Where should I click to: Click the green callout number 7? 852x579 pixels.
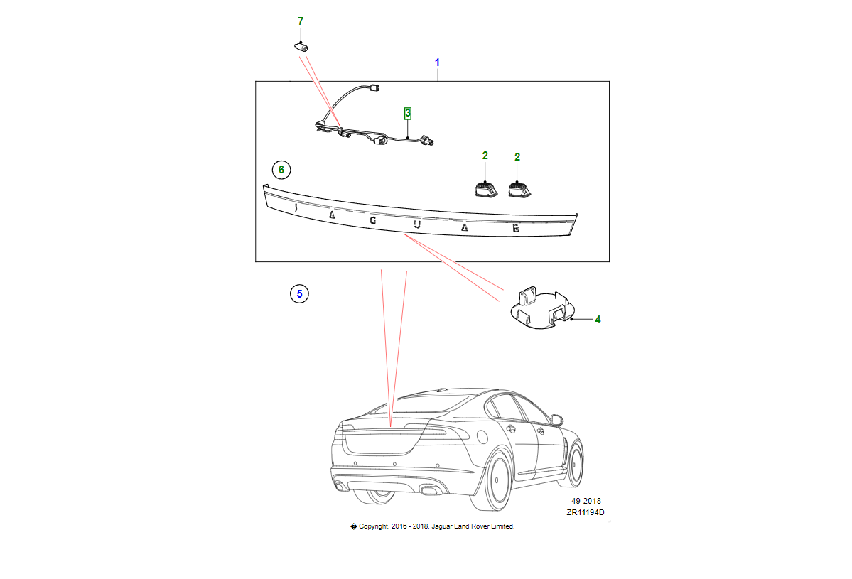[x=301, y=21]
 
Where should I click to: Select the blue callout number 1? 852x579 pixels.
[x=438, y=63]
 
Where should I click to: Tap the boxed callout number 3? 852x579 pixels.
[x=408, y=113]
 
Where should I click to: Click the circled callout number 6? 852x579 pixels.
[x=281, y=170]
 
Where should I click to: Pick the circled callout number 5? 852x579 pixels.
[x=299, y=293]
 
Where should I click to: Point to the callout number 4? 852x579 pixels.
[x=598, y=320]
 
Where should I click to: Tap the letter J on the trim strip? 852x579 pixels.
[x=294, y=207]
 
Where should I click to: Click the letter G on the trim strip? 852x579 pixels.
[x=372, y=220]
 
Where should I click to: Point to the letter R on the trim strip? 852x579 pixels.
[x=516, y=228]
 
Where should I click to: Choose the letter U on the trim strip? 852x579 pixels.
[x=417, y=225]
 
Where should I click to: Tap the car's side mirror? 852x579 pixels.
[x=556, y=420]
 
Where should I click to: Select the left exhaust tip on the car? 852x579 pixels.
[x=340, y=486]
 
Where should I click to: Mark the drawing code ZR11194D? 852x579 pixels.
[x=586, y=513]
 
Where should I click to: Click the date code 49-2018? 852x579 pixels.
[x=586, y=501]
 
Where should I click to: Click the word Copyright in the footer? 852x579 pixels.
[x=373, y=526]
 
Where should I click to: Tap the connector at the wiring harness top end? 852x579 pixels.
[x=375, y=89]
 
